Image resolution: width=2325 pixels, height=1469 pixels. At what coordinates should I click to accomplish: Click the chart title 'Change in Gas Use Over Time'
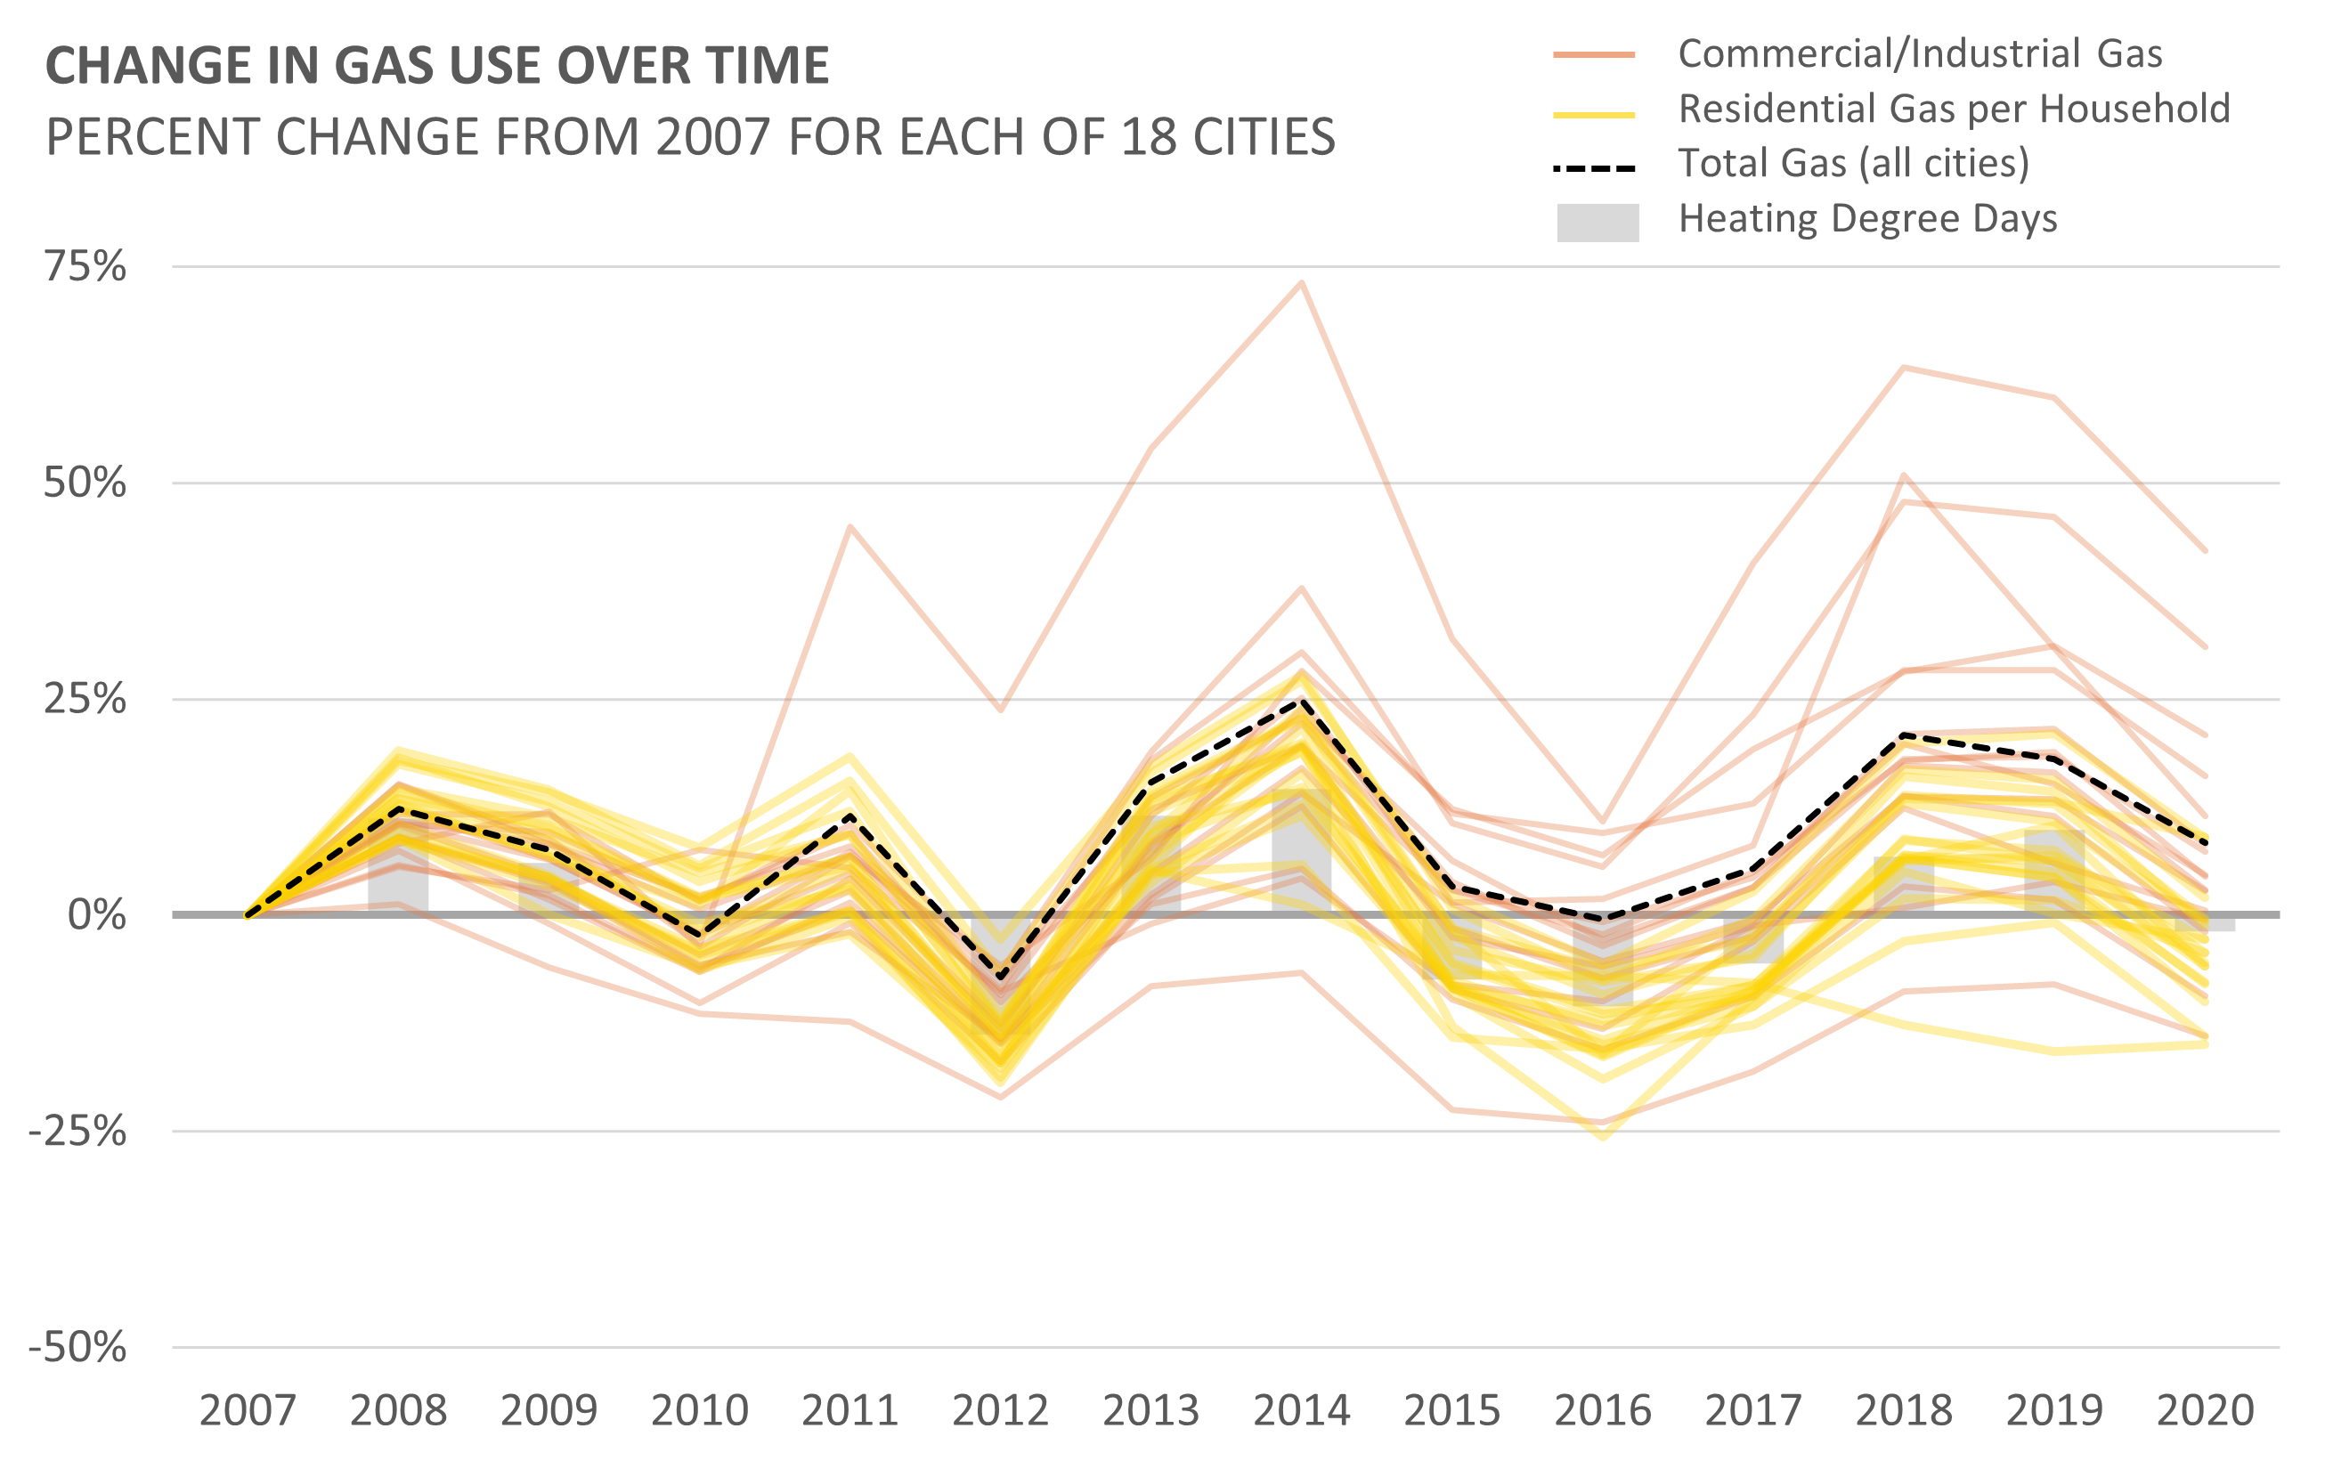coord(436,66)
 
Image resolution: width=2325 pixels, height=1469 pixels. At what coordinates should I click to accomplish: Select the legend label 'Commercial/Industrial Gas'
coord(1920,54)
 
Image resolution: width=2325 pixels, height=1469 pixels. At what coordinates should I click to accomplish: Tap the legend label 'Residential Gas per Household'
coord(1955,110)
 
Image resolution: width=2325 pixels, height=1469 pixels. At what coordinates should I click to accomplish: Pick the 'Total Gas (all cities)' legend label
coord(1853,163)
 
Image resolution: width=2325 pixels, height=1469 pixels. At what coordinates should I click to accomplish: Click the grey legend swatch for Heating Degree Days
coord(1597,222)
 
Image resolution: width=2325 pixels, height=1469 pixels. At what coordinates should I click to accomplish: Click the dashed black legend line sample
coord(1594,168)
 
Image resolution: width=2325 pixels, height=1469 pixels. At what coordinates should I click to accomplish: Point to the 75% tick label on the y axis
coord(85,266)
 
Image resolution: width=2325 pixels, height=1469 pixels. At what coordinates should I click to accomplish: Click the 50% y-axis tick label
coord(85,483)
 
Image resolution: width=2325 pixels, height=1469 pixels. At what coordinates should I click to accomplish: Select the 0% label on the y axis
coord(96,914)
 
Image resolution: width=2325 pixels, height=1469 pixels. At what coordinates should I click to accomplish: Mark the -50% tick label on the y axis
coord(77,1346)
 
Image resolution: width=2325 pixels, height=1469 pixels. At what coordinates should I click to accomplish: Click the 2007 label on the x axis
coord(248,1410)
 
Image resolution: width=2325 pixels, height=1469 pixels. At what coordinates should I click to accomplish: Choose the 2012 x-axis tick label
coord(1000,1410)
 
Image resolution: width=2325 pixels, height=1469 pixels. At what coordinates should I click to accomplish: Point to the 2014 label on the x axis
coord(1302,1410)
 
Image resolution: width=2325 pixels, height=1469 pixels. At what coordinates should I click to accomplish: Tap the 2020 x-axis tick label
coord(2206,1410)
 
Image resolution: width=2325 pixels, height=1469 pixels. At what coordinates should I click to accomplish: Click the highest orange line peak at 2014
coord(1302,283)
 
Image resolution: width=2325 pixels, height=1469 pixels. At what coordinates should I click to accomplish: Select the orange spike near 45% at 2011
coord(850,527)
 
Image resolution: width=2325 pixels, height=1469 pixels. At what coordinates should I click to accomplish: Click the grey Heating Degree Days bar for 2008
coord(398,869)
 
